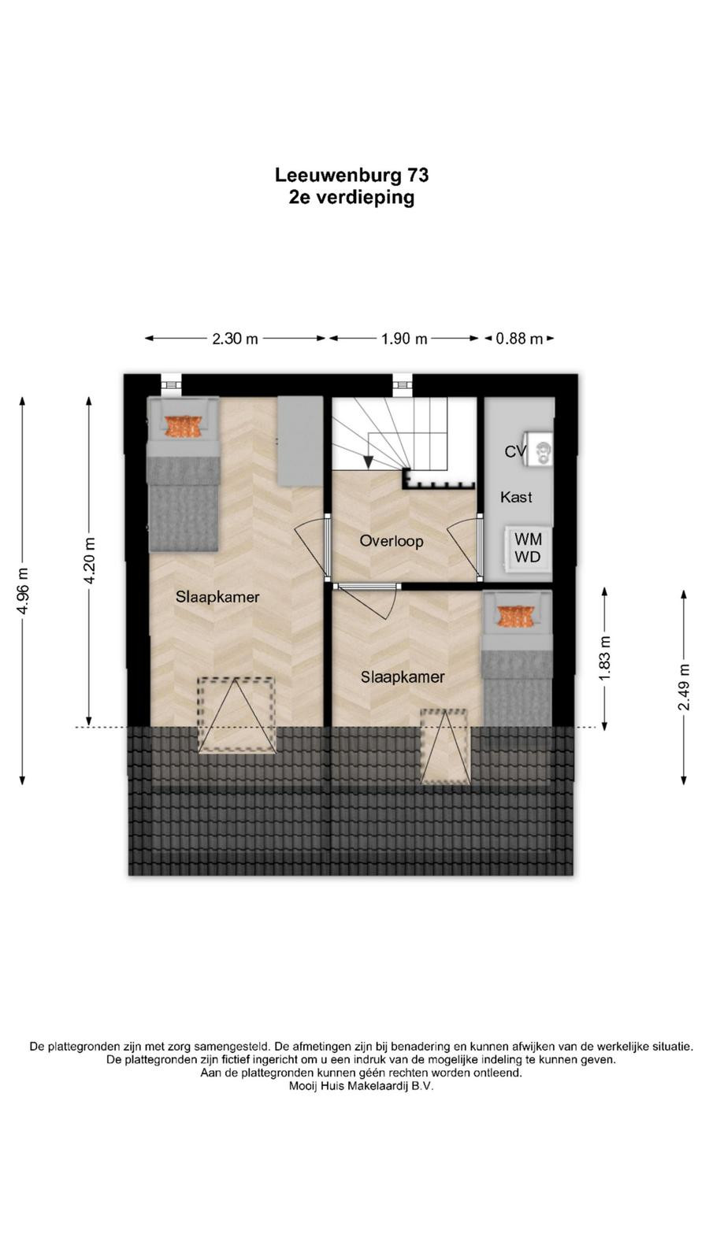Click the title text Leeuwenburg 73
[x=351, y=175]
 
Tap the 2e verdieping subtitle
[x=351, y=198]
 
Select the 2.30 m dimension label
[x=236, y=339]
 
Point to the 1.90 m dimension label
[x=404, y=339]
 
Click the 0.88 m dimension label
[x=519, y=339]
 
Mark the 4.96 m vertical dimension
[x=23, y=591]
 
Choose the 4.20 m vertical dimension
[x=89, y=561]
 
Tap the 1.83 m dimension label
[x=605, y=658]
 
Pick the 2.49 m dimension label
[x=684, y=687]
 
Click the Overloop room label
[x=392, y=541]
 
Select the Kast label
[x=516, y=497]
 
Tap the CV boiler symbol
[x=538, y=450]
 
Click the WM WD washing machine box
[x=529, y=548]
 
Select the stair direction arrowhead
[x=368, y=461]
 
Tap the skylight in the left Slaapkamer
[x=236, y=716]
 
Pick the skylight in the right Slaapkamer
[x=445, y=747]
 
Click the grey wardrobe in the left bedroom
[x=300, y=440]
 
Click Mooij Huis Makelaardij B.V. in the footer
[x=362, y=1086]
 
